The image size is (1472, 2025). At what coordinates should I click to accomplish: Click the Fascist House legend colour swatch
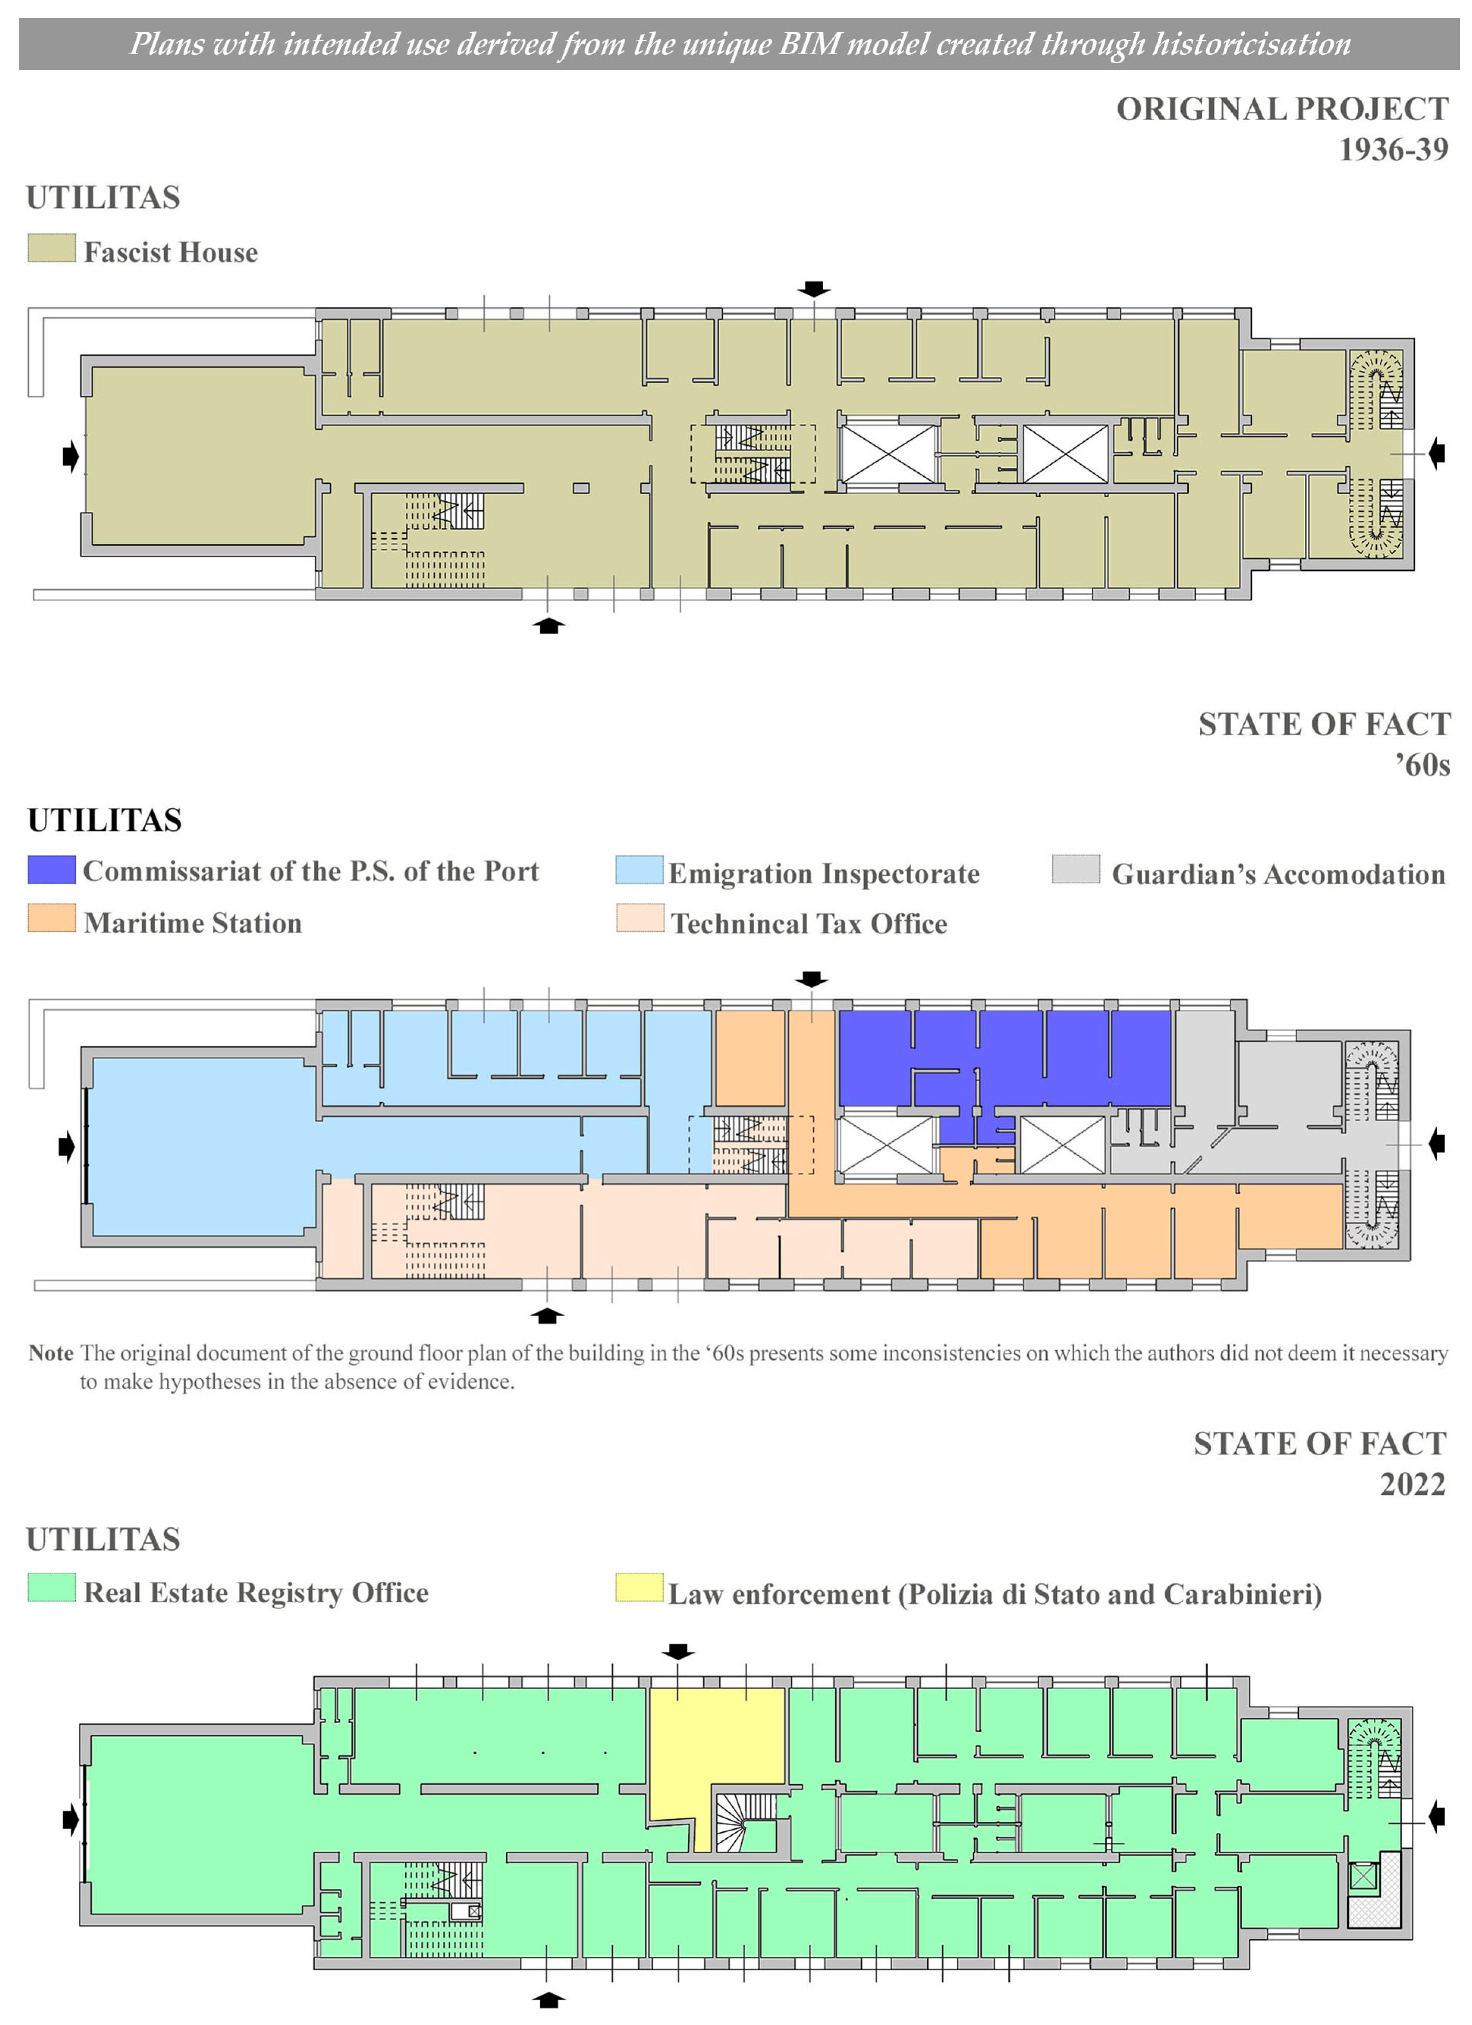tap(52, 248)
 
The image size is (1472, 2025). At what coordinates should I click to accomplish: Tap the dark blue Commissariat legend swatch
tap(52, 870)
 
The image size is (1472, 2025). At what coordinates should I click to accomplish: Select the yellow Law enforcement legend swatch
tap(640, 1588)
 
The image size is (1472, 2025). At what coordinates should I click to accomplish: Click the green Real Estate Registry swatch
tap(52, 1588)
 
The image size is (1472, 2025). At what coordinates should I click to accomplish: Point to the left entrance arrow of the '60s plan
tap(67, 1146)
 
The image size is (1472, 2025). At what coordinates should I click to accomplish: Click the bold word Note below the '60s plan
tap(51, 1353)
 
